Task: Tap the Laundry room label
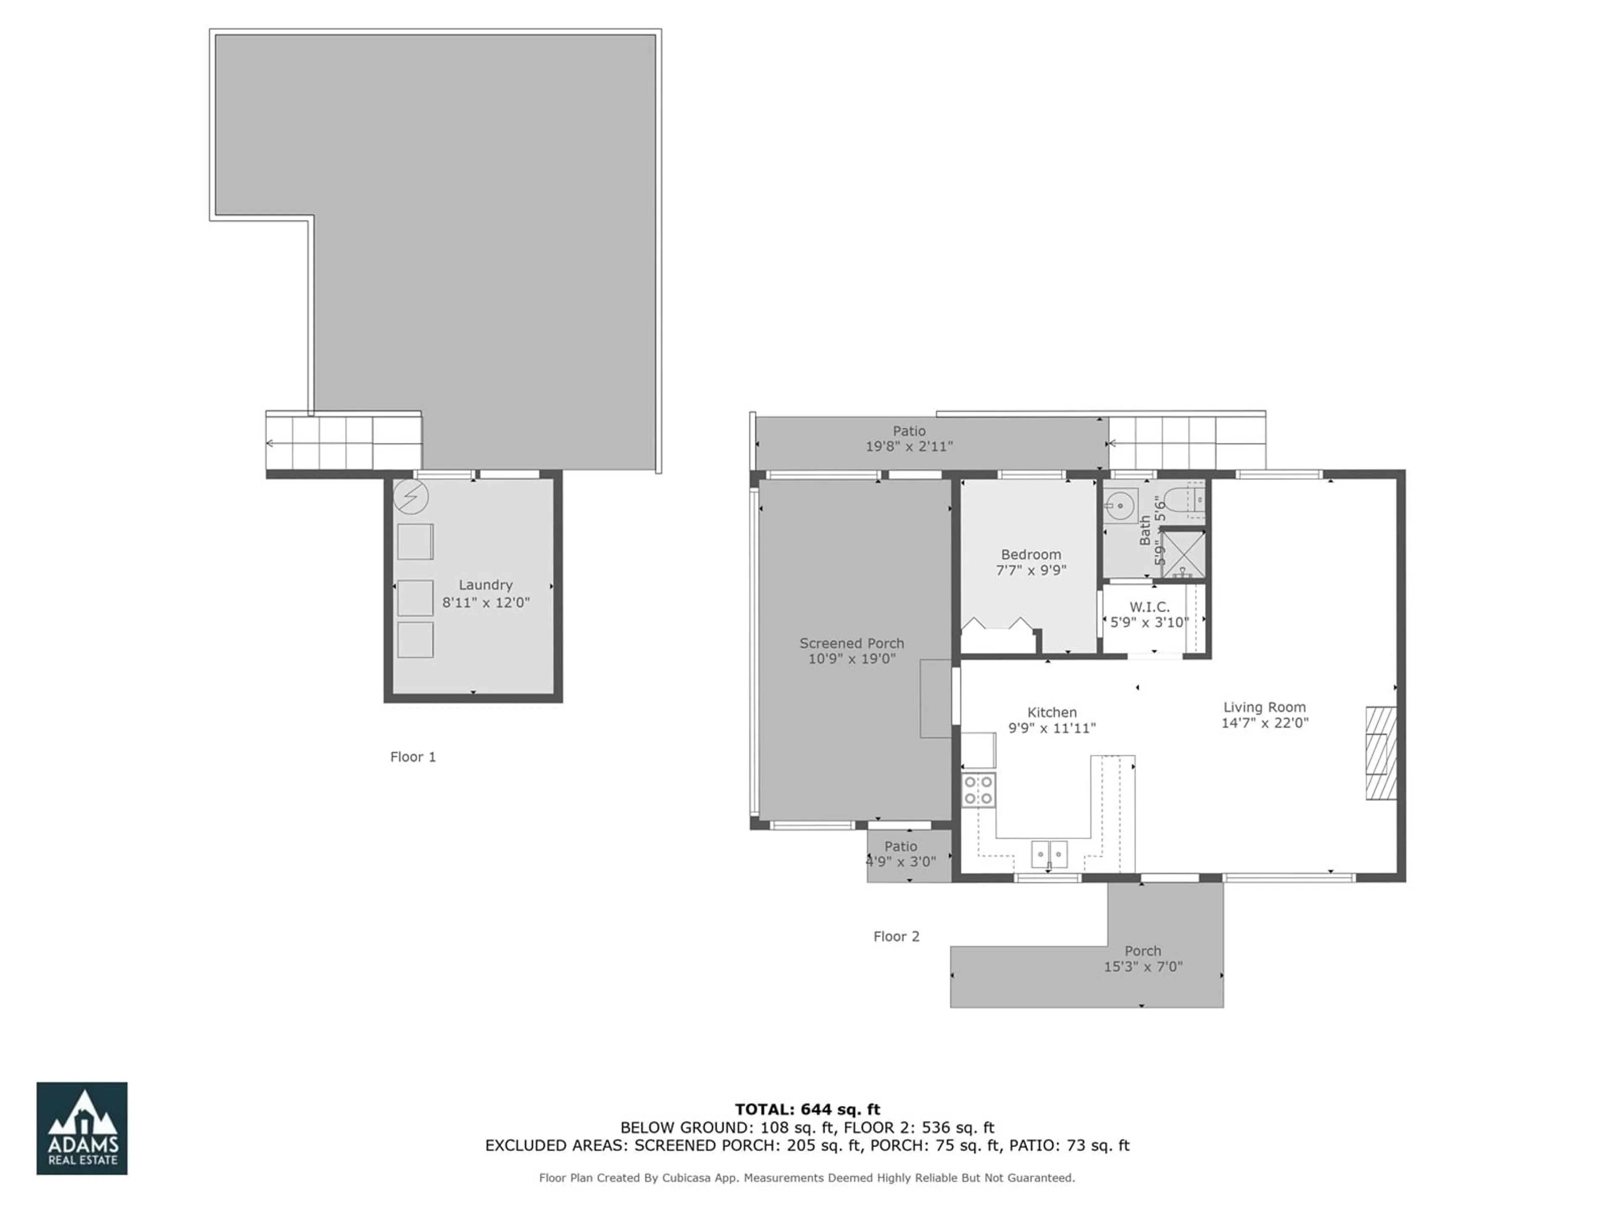[x=485, y=585]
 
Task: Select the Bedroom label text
[x=1031, y=555]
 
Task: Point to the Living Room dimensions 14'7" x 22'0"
[x=1265, y=723]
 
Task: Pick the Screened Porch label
[x=851, y=643]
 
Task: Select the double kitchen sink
[x=1049, y=853]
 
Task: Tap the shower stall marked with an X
[x=1182, y=554]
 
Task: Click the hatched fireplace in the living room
[x=1381, y=753]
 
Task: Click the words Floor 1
[x=413, y=757]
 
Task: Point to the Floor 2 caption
[x=897, y=936]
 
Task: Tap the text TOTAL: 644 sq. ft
[x=807, y=1110]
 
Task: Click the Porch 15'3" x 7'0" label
[x=1143, y=958]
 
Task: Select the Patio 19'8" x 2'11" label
[x=909, y=439]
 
